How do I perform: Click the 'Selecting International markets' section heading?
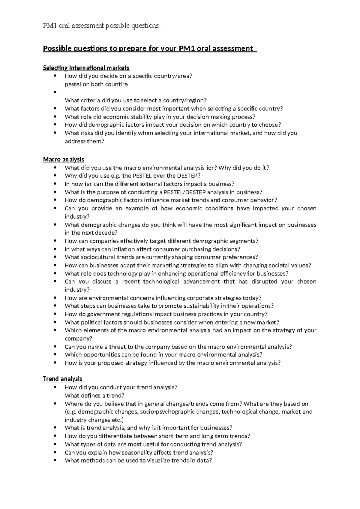[86, 68]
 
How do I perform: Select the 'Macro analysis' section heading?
[64, 159]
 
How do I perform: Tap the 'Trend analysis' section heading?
[63, 379]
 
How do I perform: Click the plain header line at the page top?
[102, 26]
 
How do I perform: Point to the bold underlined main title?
[150, 48]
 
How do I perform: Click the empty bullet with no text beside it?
[55, 92]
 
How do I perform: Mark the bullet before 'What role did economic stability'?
[55, 117]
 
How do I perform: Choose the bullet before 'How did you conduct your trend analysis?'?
[55, 387]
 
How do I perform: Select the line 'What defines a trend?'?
[94, 396]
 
